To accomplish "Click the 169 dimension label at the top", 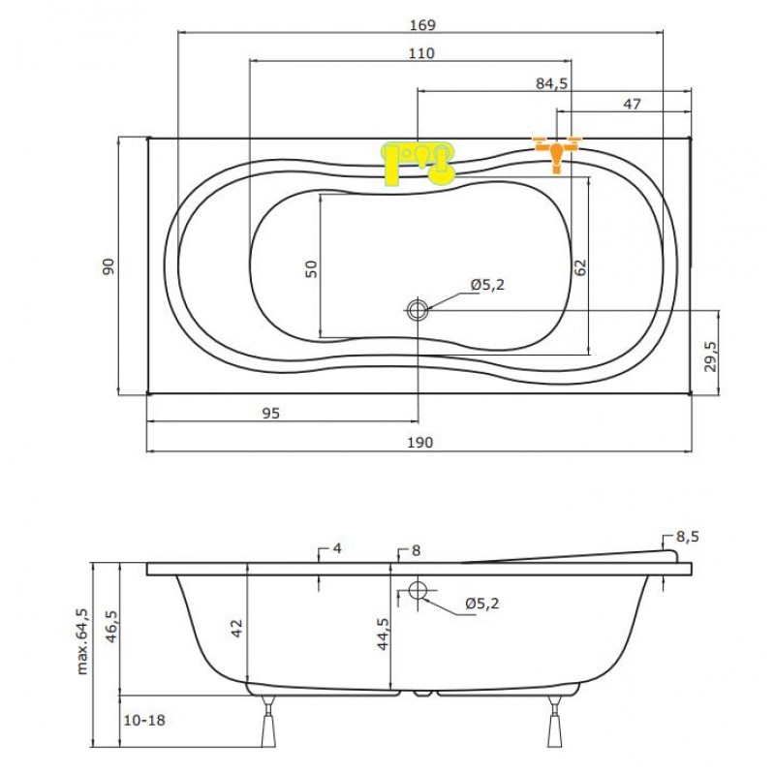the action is click(422, 25).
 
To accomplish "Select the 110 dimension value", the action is click(421, 53).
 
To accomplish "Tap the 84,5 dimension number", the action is click(552, 84).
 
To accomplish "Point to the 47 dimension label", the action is click(633, 105).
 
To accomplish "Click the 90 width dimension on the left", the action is click(108, 266).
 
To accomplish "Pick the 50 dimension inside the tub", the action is click(311, 269).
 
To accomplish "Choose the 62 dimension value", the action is click(580, 267).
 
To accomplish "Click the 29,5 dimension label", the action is click(711, 356).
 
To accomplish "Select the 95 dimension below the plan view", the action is click(270, 414).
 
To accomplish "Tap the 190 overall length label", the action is click(420, 443).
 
